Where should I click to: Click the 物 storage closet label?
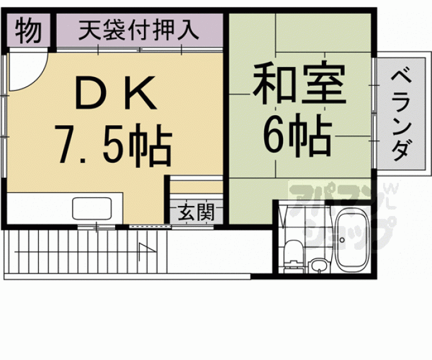tap(28, 31)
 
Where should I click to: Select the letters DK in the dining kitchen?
tap(115, 93)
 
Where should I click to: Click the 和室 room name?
tap(299, 83)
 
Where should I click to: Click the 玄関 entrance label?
tap(196, 213)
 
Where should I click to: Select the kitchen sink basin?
tap(92, 208)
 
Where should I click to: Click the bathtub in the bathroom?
tap(352, 239)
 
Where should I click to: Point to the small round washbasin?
tap(319, 265)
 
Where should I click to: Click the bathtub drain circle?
tap(342, 240)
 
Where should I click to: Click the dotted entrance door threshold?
tap(150, 227)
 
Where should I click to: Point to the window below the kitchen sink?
tap(96, 227)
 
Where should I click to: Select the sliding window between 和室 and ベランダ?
tap(374, 113)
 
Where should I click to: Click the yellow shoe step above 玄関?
tap(196, 187)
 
